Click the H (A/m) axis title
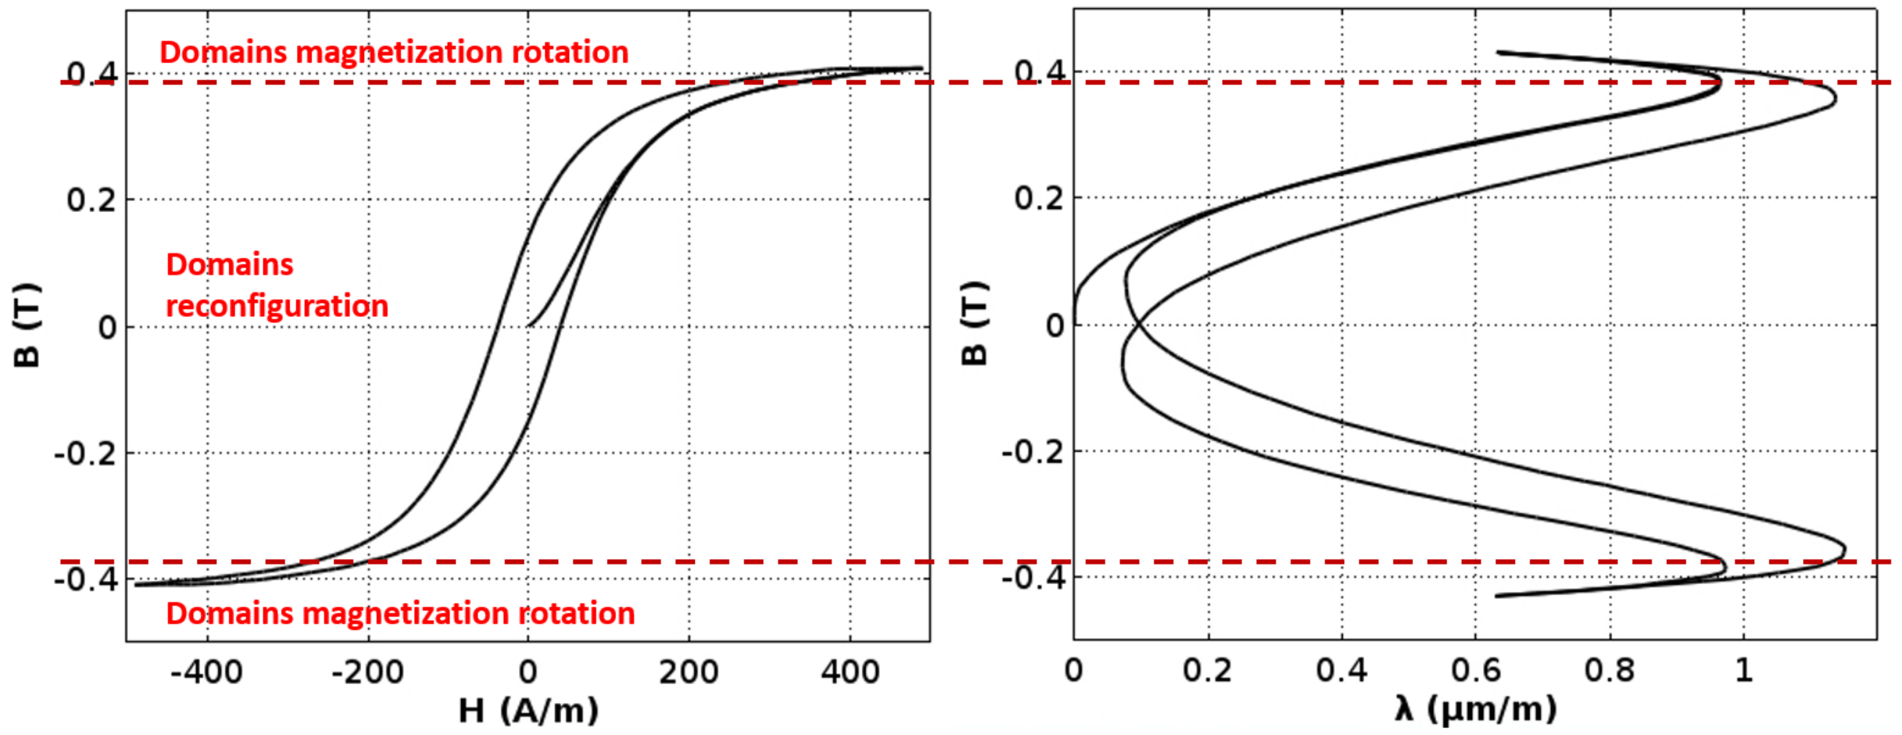(x=528, y=711)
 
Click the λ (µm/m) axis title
(x=1475, y=710)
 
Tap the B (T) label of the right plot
(x=975, y=323)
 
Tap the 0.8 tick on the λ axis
(x=1610, y=670)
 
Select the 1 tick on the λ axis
(x=1743, y=670)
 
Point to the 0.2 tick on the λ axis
(x=1207, y=670)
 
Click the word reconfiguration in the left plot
(x=277, y=305)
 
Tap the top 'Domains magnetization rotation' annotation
(x=393, y=52)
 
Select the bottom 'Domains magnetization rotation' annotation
(x=400, y=613)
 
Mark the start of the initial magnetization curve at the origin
(x=529, y=325)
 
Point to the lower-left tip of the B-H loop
(x=137, y=585)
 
